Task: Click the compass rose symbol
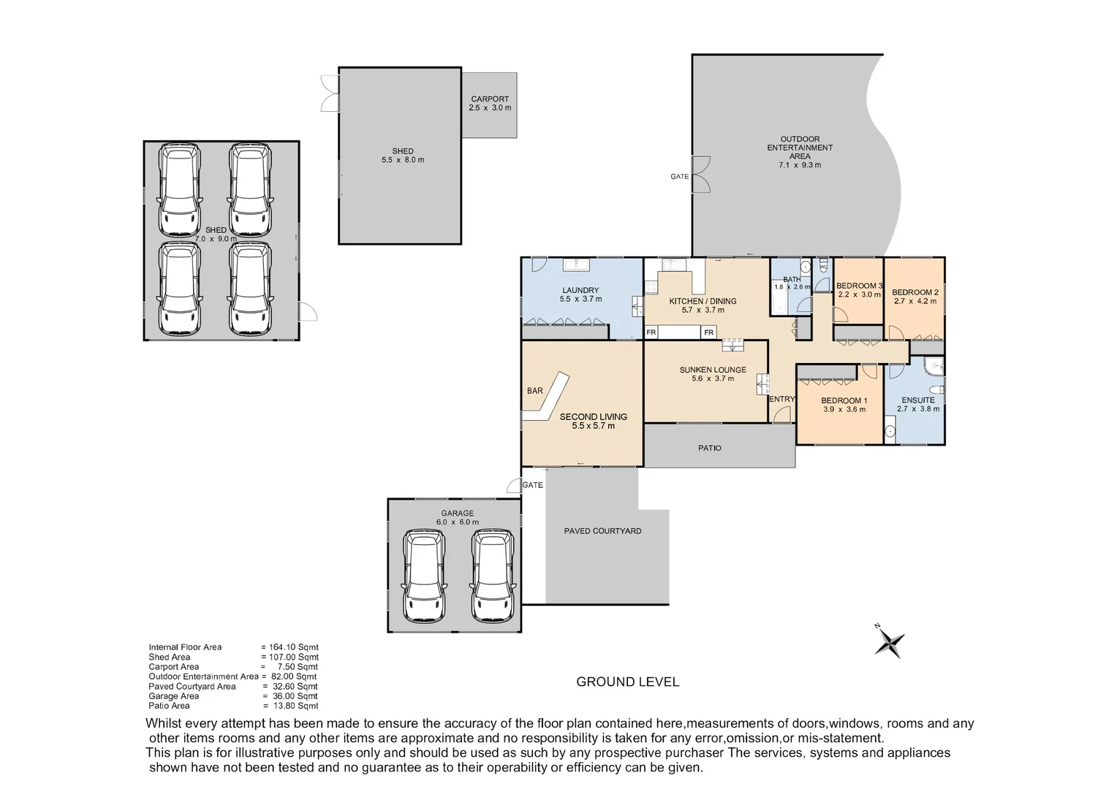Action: [x=890, y=642]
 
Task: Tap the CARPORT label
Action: [x=490, y=99]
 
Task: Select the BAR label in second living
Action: [x=535, y=391]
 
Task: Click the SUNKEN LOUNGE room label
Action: [x=713, y=370]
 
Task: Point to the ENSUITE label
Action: [x=918, y=400]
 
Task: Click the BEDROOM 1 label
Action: [x=844, y=400]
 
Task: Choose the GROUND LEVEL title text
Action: [x=627, y=682]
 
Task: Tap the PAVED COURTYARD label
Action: [x=602, y=531]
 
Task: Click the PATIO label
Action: [x=709, y=448]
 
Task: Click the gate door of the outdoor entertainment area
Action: [x=701, y=175]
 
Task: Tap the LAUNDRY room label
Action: [x=580, y=290]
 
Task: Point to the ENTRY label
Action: [x=781, y=399]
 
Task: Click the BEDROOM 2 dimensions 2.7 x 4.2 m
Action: [x=915, y=301]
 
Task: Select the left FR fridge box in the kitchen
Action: [x=651, y=333]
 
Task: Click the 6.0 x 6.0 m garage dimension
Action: [x=457, y=522]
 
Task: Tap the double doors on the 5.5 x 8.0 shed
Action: [x=330, y=94]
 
